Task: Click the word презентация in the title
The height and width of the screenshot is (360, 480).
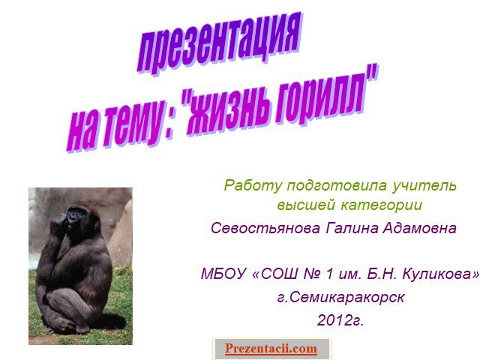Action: (x=219, y=42)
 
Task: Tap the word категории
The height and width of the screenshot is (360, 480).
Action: (x=382, y=205)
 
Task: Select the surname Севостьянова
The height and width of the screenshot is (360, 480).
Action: (x=265, y=228)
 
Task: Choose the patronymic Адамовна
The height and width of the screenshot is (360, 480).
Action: (x=419, y=228)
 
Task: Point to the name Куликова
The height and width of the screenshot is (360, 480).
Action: (x=437, y=273)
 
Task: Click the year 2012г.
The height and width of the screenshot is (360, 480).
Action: (x=340, y=320)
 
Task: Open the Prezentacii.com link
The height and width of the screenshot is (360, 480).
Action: (x=271, y=349)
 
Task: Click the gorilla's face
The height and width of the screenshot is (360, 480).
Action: (x=74, y=217)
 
